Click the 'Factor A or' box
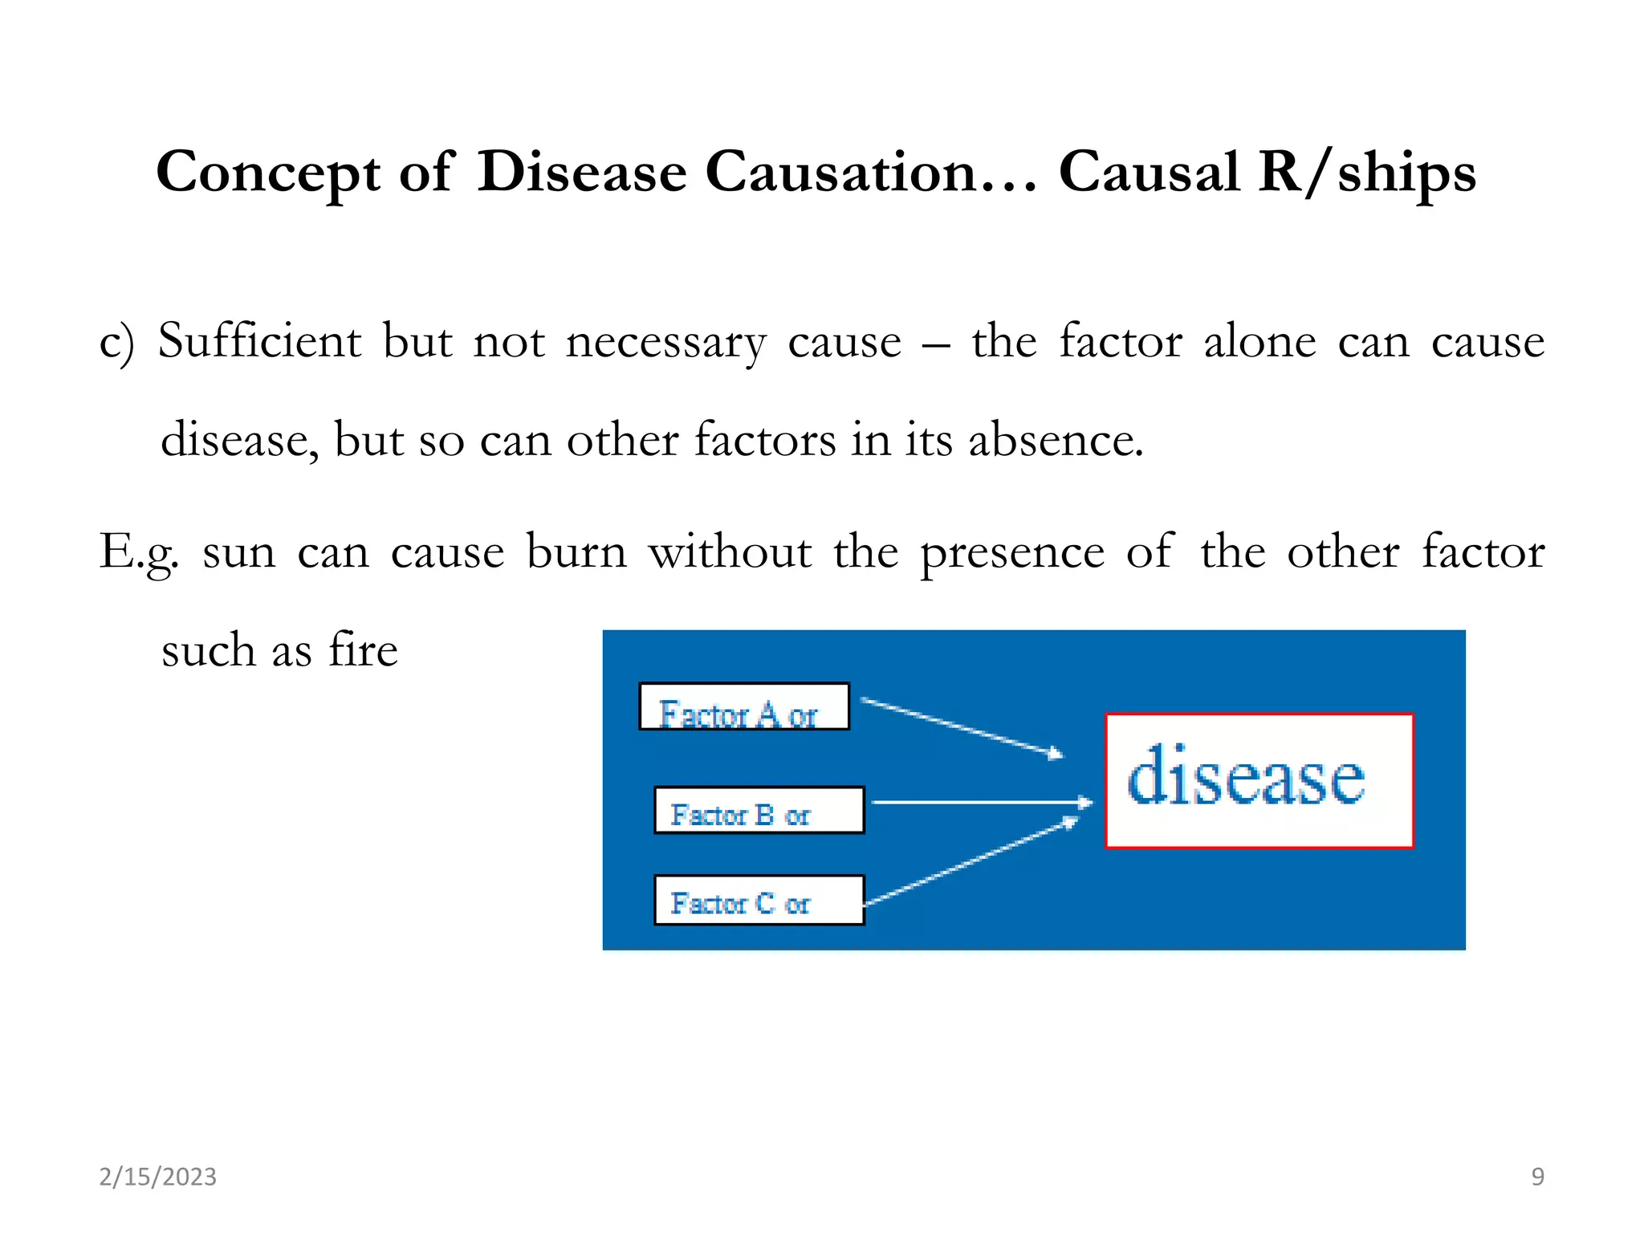point(743,706)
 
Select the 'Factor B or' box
point(759,810)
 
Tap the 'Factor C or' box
point(759,900)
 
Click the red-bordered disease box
point(1258,780)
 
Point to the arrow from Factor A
point(962,726)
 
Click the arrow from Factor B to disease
point(981,802)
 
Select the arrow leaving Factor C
point(971,861)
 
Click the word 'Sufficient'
point(259,341)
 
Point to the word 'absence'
point(1055,440)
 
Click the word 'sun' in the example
point(238,552)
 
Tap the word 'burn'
point(576,552)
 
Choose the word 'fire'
point(363,649)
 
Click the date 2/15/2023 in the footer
point(157,1177)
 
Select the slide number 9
point(1537,1177)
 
